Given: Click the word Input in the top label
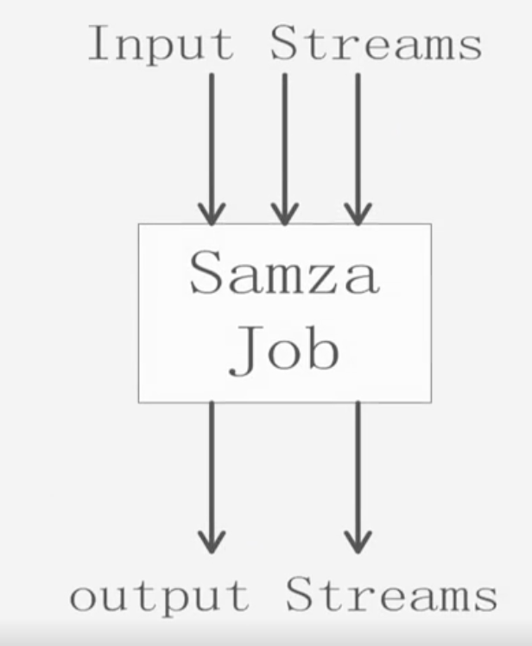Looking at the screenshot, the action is (161, 44).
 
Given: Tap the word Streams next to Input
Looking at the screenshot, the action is (376, 44).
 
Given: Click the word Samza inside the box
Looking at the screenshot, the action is (284, 273).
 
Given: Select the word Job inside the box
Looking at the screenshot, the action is (284, 348).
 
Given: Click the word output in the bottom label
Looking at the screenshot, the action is (160, 597).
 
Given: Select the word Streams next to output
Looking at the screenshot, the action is (391, 596).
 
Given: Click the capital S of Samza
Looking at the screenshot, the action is (207, 273).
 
